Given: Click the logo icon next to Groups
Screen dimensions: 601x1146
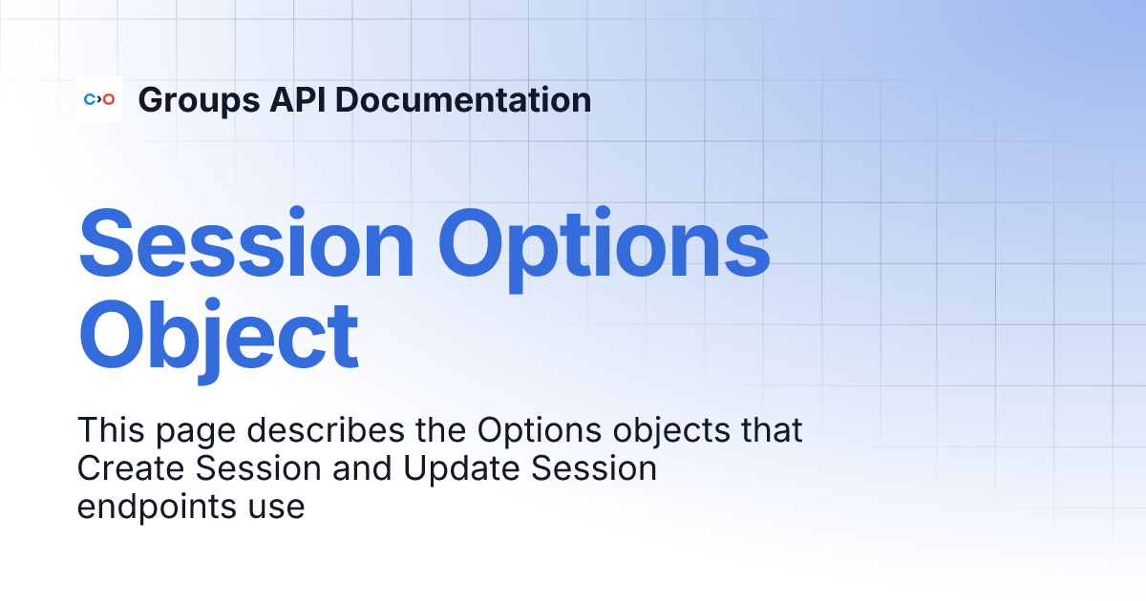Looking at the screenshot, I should [x=99, y=99].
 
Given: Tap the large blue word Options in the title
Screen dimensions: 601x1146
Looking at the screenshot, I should [x=604, y=245].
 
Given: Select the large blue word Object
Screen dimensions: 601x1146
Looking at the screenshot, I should [x=218, y=336].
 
